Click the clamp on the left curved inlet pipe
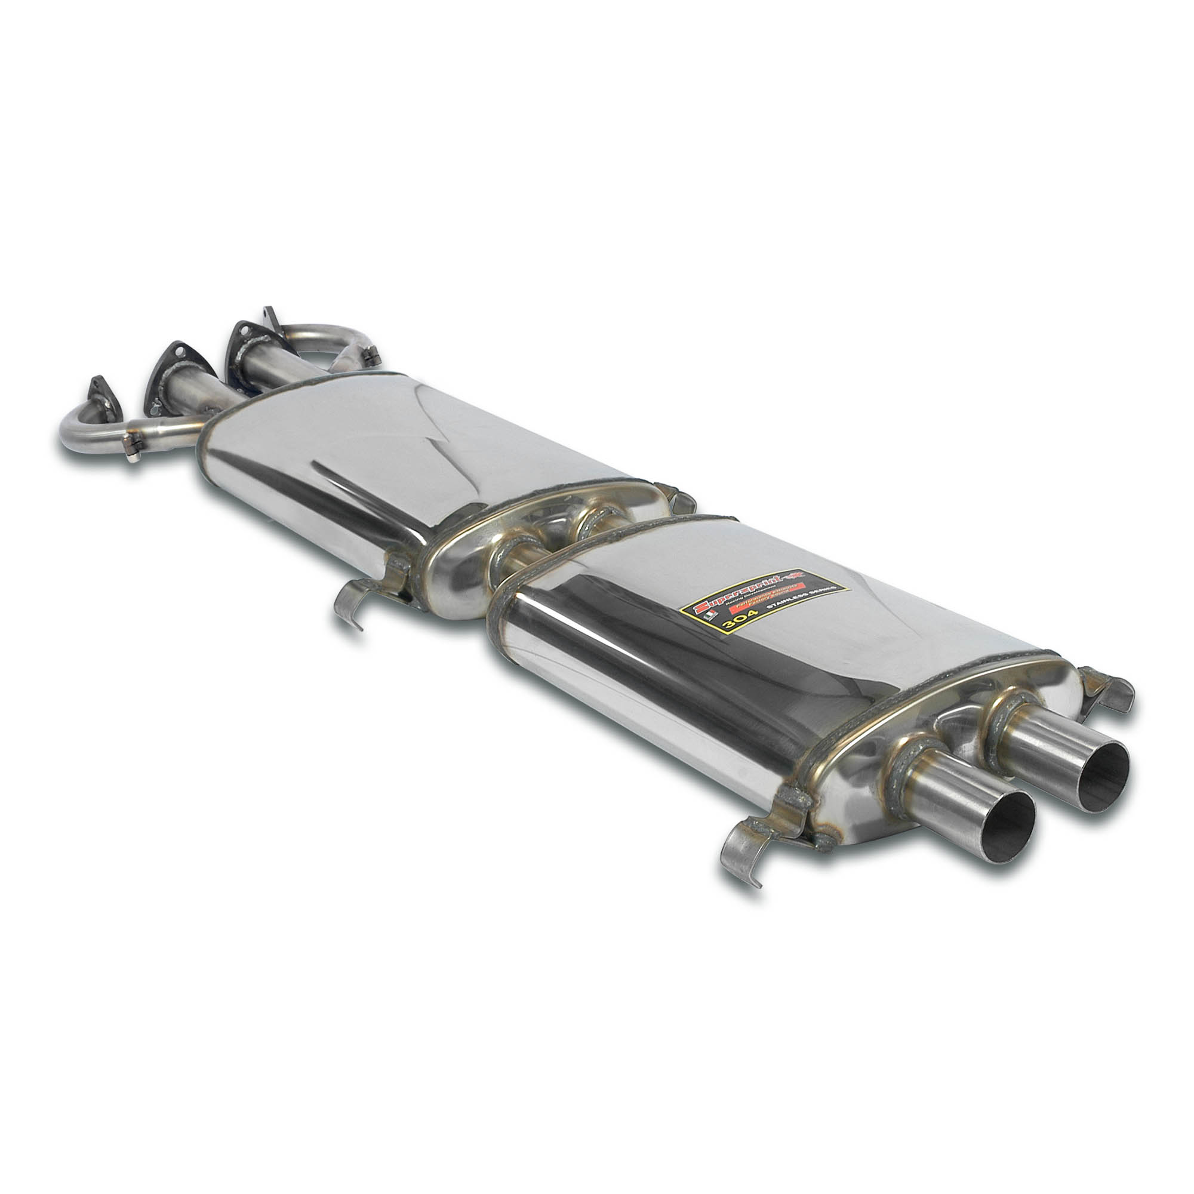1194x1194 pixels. (131, 445)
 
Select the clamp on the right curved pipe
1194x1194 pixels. (371, 355)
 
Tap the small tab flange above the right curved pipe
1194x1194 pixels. (269, 315)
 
